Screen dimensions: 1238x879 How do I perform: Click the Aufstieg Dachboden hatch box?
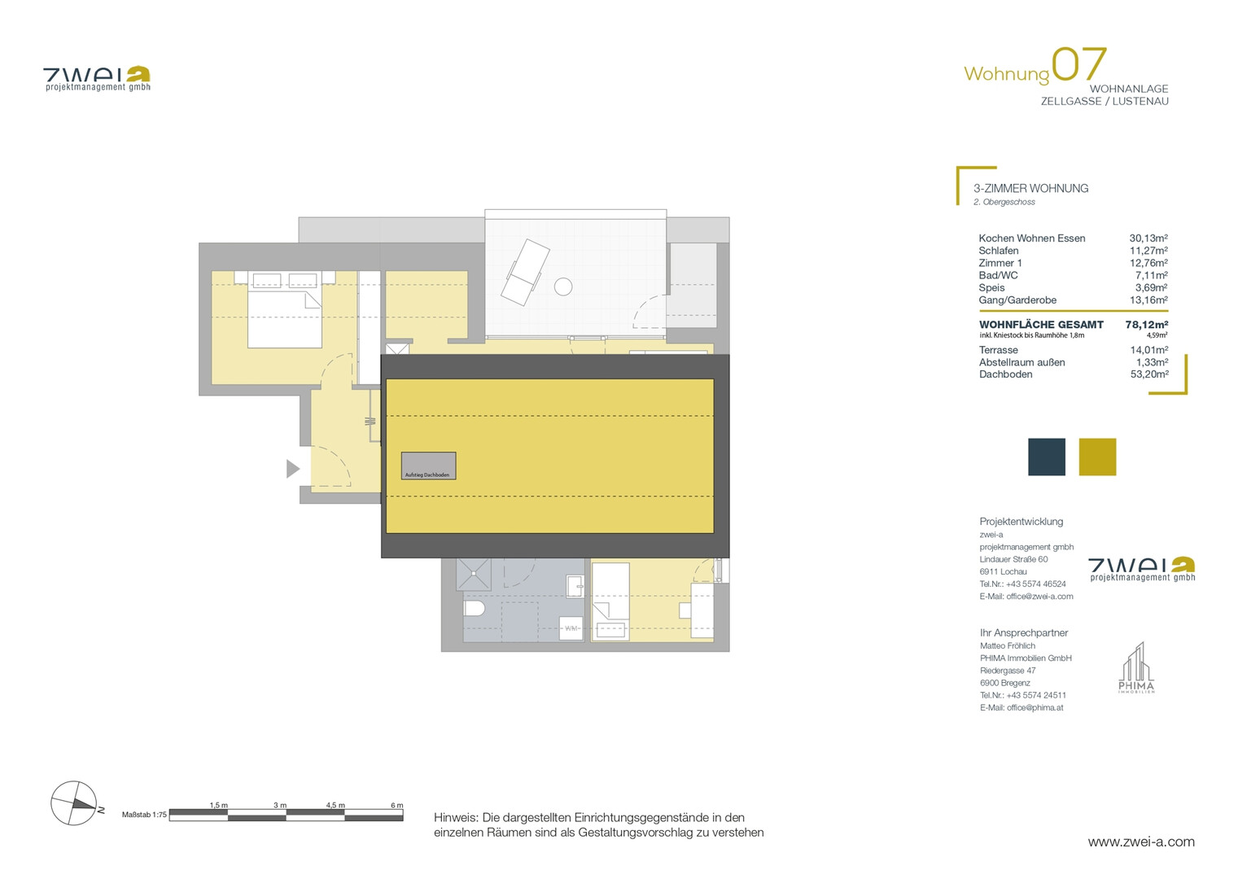tap(428, 466)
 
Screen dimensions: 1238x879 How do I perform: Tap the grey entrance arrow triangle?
tap(292, 469)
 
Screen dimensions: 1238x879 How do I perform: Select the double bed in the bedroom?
tap(285, 309)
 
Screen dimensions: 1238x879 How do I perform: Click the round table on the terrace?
tap(563, 286)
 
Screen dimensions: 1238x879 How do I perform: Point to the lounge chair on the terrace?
tap(525, 273)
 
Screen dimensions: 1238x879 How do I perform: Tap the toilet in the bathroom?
tap(474, 609)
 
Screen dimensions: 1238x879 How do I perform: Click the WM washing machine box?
tap(571, 628)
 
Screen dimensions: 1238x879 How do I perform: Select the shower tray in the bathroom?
tap(474, 574)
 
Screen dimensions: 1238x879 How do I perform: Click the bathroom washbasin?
tap(575, 586)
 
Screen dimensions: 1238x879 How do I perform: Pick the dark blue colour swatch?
tap(1046, 457)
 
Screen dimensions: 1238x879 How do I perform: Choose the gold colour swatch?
tap(1097, 457)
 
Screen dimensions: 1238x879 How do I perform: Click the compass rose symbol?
tap(74, 803)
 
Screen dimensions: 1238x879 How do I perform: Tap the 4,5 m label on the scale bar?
tap(335, 805)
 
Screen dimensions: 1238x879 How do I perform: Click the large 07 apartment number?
tap(1078, 64)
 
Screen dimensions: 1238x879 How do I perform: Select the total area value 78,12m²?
tap(1146, 325)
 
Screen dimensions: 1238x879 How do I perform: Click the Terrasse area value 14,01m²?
tap(1149, 350)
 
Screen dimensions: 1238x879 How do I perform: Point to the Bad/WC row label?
tap(998, 275)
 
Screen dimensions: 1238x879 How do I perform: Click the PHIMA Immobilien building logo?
tap(1136, 667)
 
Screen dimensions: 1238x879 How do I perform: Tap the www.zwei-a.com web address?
tap(1141, 842)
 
